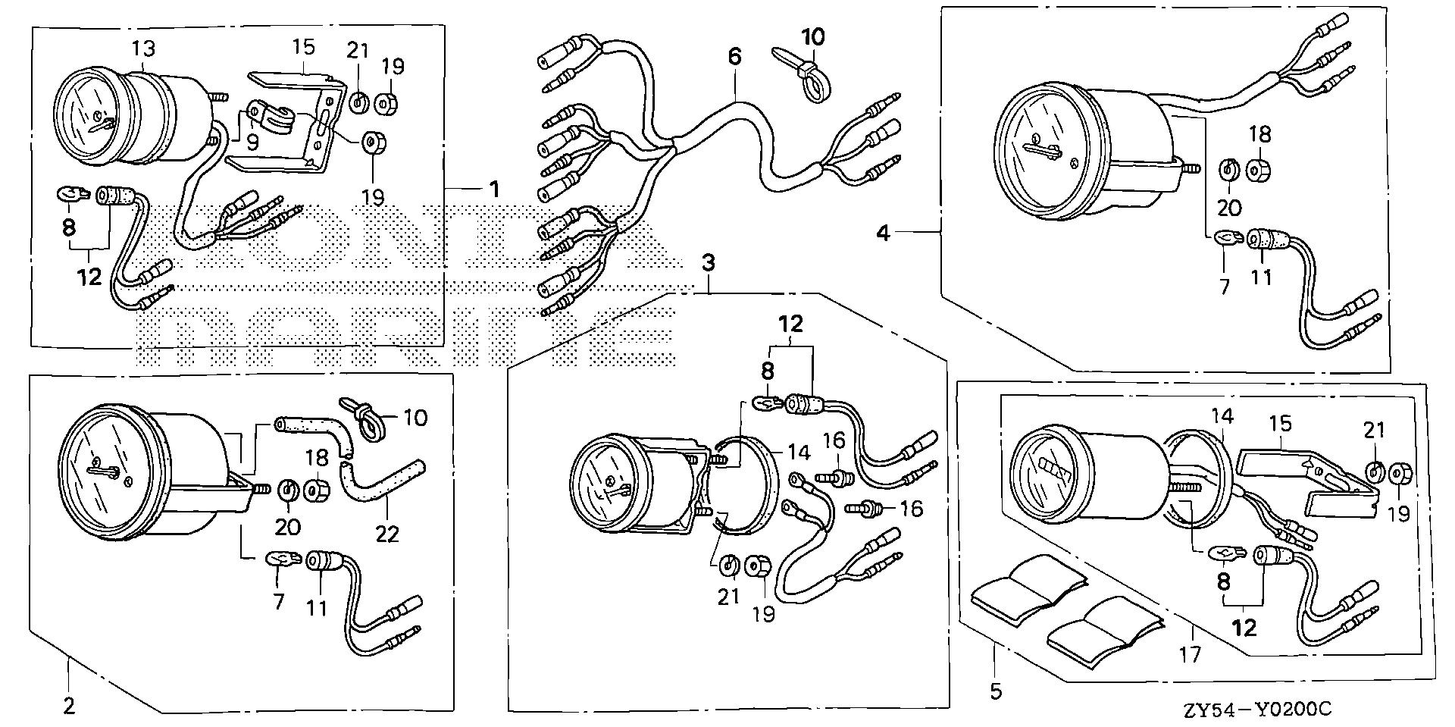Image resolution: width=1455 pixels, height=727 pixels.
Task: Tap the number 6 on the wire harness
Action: point(734,56)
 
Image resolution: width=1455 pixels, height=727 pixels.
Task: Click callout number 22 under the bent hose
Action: point(387,534)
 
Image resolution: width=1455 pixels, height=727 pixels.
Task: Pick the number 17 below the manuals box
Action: point(1191,653)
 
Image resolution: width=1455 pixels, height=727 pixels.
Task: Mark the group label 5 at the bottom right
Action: point(995,691)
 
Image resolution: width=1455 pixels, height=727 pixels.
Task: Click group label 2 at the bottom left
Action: point(69,707)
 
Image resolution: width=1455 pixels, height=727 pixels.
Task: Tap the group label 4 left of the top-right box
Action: point(882,233)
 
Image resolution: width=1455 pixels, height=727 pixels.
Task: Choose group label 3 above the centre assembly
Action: point(708,264)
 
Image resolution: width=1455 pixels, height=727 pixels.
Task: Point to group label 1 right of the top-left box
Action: point(494,188)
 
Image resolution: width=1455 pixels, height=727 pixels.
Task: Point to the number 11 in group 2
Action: point(317,606)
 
